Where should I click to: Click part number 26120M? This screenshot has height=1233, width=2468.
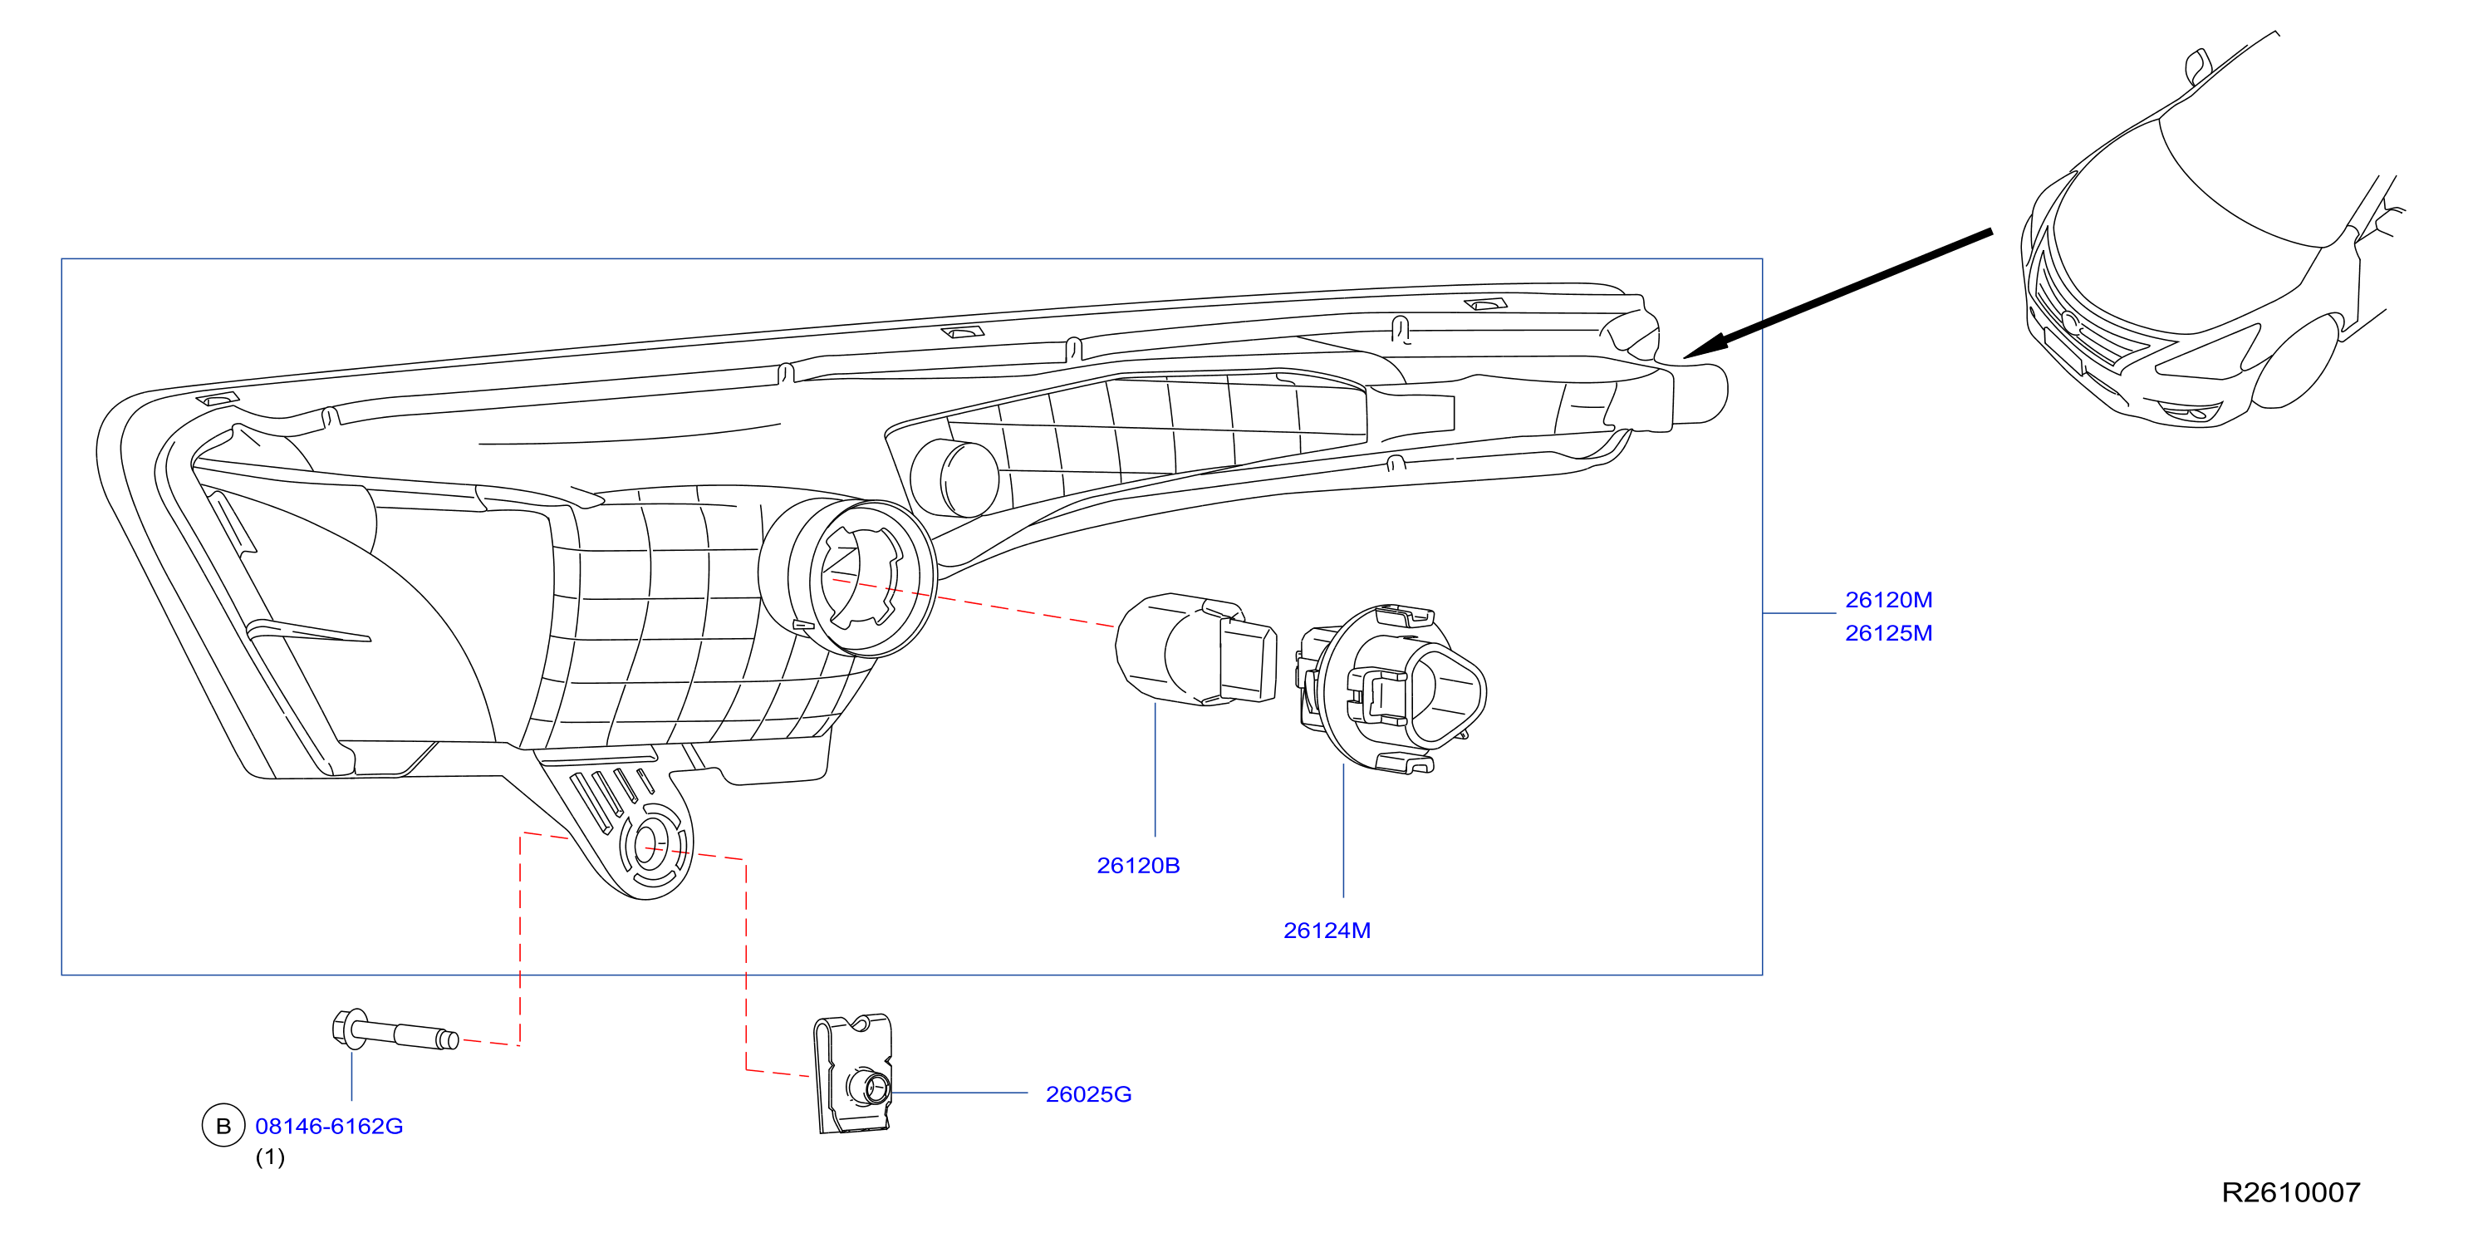(x=1888, y=600)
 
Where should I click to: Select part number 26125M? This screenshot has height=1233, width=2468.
(x=1888, y=633)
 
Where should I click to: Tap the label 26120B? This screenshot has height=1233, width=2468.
(x=1138, y=866)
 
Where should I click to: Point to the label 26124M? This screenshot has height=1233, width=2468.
(x=1327, y=931)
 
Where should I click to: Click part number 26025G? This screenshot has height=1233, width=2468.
(x=1088, y=1094)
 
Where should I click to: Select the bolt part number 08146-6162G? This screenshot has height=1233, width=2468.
(x=329, y=1126)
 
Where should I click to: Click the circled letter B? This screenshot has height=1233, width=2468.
(x=223, y=1126)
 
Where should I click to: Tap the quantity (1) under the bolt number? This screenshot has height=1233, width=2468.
(x=269, y=1157)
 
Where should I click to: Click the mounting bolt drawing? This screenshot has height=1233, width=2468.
(x=394, y=1031)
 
